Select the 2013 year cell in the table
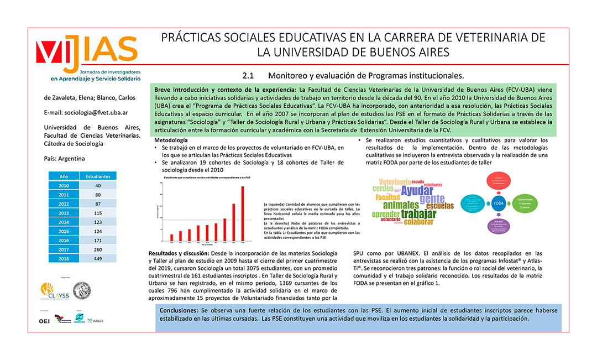[64, 213]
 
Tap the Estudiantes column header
[98, 176]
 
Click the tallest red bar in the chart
[242, 214]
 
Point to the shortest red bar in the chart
[171, 238]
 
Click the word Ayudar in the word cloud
[417, 191]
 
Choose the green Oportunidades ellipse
[525, 203]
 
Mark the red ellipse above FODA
[499, 180]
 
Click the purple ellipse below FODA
[499, 225]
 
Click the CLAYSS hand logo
[48, 290]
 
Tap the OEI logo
[44, 321]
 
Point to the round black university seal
[82, 290]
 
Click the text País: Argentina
[65, 158]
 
